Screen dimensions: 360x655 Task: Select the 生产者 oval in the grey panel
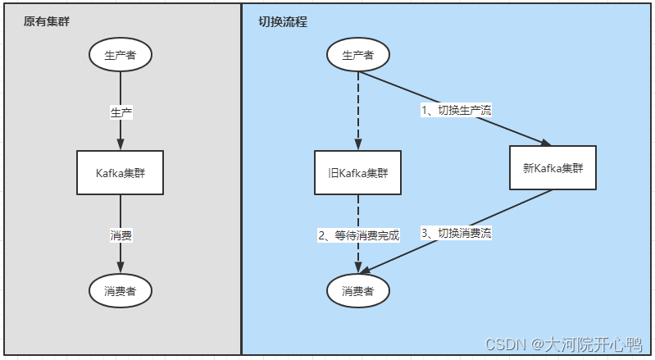[121, 55]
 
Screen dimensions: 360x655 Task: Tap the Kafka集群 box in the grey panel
[121, 172]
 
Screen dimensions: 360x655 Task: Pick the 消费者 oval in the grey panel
[121, 290]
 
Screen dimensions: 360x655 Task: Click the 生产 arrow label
[121, 112]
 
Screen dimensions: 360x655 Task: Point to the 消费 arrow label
[121, 235]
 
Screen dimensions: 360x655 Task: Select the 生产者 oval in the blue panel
[357, 55]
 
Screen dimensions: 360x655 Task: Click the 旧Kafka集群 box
[357, 172]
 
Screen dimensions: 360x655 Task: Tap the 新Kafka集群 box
[552, 168]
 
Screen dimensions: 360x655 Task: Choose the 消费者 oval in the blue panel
[357, 290]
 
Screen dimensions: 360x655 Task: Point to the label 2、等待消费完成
[358, 235]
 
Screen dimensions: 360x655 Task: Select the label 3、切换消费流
[457, 233]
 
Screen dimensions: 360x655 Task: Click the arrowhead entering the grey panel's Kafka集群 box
[121, 145]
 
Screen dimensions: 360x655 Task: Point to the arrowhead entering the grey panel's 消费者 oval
[121, 267]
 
